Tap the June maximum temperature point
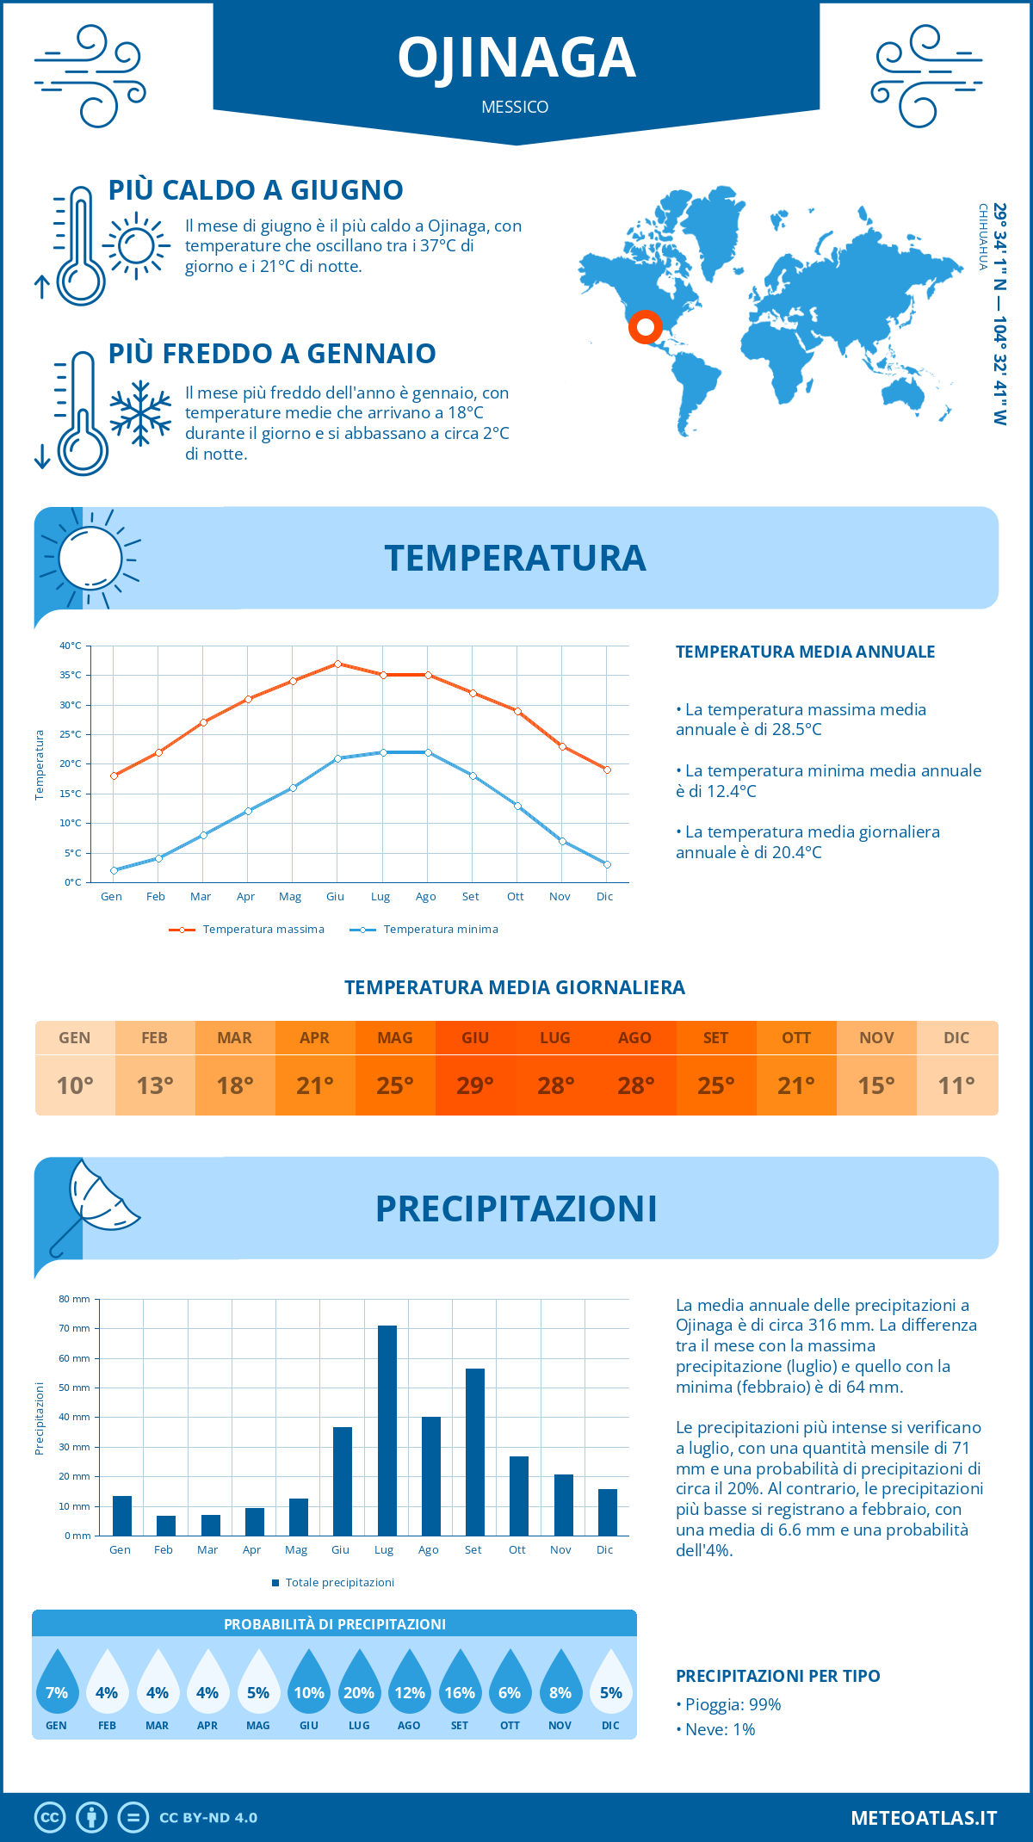338,664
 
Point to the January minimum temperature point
114,870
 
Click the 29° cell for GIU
475,1085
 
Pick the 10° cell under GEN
75,1085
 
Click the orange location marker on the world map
645,327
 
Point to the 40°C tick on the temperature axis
71,646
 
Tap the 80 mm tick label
74,1299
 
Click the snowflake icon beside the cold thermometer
140,413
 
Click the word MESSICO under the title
515,107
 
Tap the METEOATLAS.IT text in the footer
924,1818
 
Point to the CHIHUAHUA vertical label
982,237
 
